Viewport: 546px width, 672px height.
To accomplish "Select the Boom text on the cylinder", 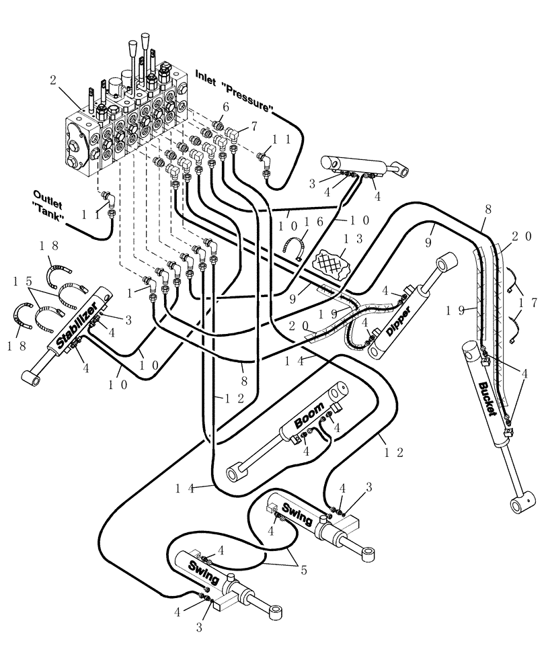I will [x=311, y=417].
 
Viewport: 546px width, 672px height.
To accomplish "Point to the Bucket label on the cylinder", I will [x=487, y=399].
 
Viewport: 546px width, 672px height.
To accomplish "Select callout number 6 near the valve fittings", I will [x=225, y=108].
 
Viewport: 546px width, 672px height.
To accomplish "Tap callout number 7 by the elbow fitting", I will [x=253, y=125].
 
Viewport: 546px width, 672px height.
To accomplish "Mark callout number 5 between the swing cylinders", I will [x=303, y=571].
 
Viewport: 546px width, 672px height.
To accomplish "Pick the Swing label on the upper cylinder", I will [x=296, y=514].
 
